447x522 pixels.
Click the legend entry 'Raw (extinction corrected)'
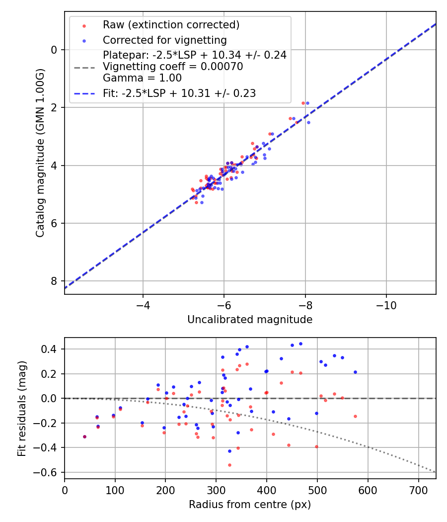tap(171, 25)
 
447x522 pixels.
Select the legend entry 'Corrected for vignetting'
tap(164, 40)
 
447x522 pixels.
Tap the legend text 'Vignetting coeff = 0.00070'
tap(173, 67)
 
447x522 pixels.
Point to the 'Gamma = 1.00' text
tap(142, 78)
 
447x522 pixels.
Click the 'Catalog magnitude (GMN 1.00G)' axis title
tap(40, 153)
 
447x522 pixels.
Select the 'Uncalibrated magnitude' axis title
tap(250, 320)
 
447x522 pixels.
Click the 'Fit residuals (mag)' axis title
tap(21, 408)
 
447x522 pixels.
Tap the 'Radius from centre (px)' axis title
tap(250, 505)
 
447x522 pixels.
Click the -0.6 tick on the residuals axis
tap(48, 472)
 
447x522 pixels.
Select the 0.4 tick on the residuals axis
tap(50, 349)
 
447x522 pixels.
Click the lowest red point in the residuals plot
tap(229, 465)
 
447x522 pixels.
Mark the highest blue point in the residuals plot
tap(300, 344)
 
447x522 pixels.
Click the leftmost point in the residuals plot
tap(84, 436)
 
